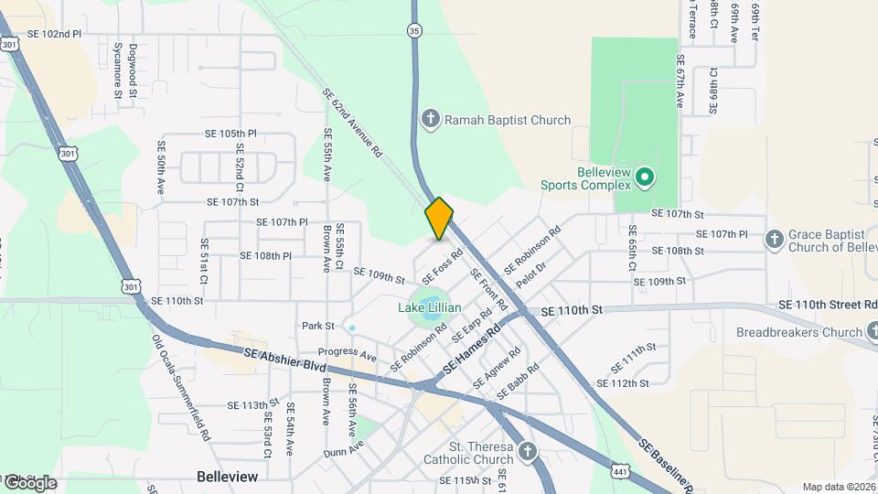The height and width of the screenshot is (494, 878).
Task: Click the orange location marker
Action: (439, 219)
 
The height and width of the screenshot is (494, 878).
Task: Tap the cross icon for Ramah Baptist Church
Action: (431, 120)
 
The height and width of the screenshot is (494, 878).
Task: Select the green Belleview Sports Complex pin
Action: (644, 176)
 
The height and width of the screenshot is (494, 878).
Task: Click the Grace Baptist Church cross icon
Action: (774, 239)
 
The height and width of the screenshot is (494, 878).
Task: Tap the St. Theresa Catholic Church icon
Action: (527, 451)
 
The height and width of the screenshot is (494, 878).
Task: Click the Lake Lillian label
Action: (429, 308)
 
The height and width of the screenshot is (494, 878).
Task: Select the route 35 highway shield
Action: (415, 31)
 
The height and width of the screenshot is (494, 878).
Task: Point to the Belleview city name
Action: (228, 477)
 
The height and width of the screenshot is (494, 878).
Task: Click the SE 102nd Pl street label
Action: (54, 34)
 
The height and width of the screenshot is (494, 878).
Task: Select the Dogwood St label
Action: (133, 70)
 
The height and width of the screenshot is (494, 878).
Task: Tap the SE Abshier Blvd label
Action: (285, 358)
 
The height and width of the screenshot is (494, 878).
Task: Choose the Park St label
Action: (317, 326)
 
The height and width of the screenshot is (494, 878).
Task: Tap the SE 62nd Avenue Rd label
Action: (352, 123)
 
